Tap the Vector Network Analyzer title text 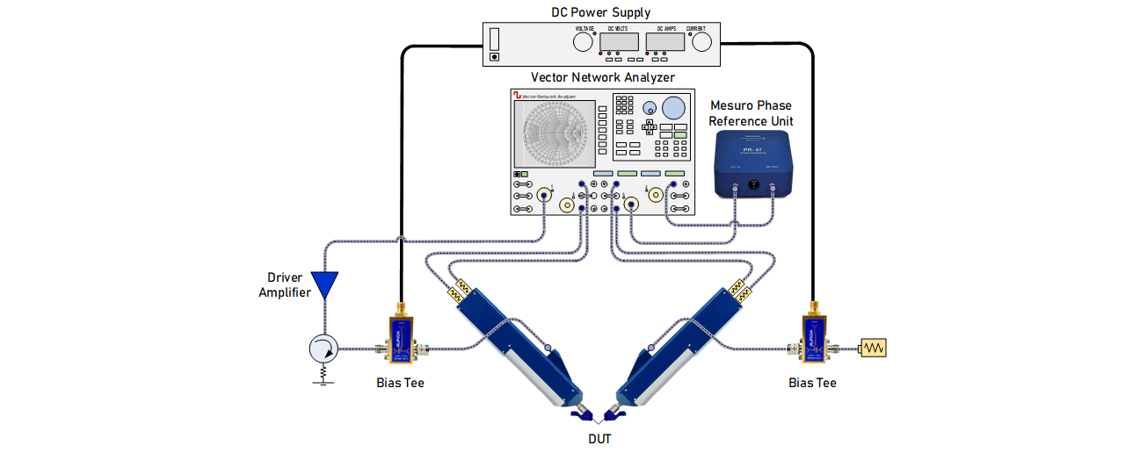[x=603, y=77]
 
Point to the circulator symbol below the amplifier [x=323, y=349]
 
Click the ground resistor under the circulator [x=323, y=375]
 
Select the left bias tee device [x=400, y=338]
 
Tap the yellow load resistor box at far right [x=874, y=349]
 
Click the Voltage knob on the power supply [x=584, y=41]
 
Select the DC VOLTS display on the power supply [x=619, y=40]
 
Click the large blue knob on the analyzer [x=674, y=108]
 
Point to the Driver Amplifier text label [x=284, y=285]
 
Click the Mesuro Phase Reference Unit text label [x=750, y=113]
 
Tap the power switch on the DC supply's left [x=494, y=40]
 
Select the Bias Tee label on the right [x=812, y=383]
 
